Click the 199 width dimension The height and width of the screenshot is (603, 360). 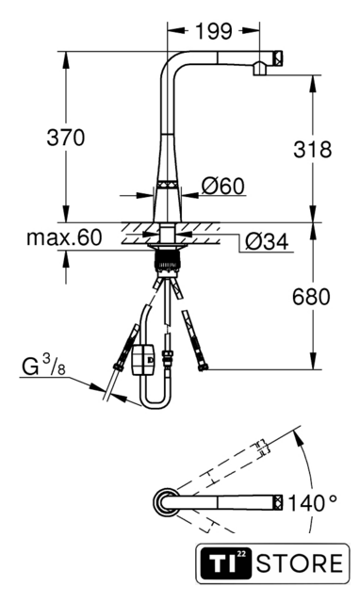click(x=214, y=31)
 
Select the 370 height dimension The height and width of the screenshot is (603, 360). click(x=65, y=138)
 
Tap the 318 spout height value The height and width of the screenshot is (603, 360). click(x=312, y=149)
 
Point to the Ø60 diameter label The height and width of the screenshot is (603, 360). click(x=223, y=187)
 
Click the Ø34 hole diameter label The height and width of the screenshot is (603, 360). click(x=267, y=242)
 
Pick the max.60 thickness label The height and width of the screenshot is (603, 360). click(x=64, y=237)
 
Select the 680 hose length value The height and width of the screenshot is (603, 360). click(x=311, y=297)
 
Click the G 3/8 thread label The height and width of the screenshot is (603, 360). click(x=43, y=366)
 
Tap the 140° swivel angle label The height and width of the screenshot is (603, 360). click(x=312, y=503)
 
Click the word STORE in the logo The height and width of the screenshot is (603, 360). click(x=300, y=563)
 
